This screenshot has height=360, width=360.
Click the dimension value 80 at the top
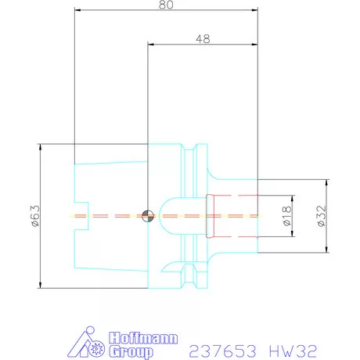164,5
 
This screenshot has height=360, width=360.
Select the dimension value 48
203,38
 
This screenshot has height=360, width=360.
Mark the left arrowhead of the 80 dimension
77,11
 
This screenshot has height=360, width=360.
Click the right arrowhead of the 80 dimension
254,11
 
